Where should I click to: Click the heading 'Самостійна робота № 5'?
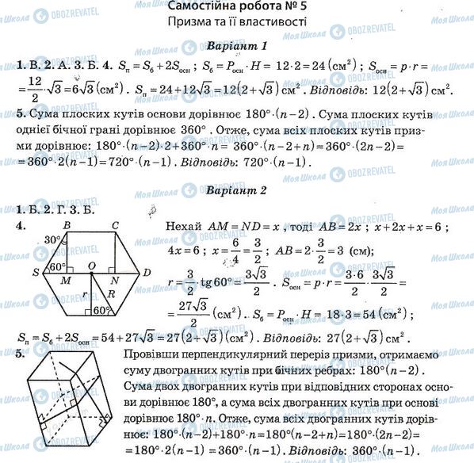pos(236,7)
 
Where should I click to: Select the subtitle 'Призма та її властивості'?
pos(236,23)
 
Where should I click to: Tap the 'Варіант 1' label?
pos(237,45)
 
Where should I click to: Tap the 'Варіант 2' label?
pos(237,190)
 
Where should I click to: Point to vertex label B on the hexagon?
pos(68,224)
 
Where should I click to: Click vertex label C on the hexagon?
pos(116,224)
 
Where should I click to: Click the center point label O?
pos(92,264)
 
